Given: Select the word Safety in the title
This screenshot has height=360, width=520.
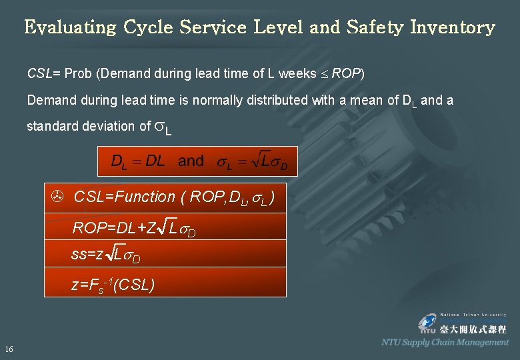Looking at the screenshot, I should click(376, 28).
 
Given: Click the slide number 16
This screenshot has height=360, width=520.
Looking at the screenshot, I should click(9, 349).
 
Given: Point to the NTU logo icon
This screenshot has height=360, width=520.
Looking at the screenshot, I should click(427, 324).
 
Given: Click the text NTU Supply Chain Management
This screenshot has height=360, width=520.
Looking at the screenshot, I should click(445, 342).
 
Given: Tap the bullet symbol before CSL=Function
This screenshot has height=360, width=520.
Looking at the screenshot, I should click(57, 197).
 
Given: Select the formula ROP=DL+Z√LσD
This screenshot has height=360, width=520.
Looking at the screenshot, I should click(133, 229).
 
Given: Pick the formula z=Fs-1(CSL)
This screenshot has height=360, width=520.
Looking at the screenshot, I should click(113, 285).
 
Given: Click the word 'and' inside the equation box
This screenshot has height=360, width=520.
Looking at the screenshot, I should click(191, 161).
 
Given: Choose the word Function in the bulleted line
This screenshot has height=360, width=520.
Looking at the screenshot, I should click(145, 197).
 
